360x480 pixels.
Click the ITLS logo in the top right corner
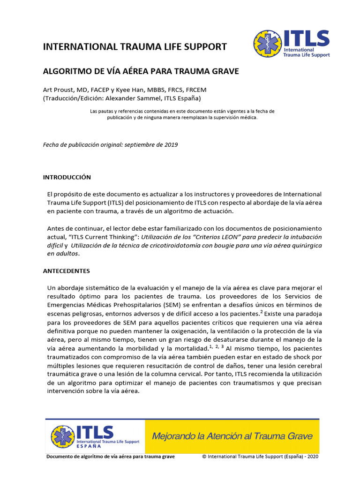[x=292, y=44]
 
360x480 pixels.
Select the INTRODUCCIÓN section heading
[x=67, y=178]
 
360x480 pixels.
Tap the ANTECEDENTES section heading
[x=66, y=271]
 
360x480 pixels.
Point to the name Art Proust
[x=55, y=90]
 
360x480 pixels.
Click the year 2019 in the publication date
[x=170, y=145]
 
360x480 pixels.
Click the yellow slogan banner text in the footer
[x=232, y=436]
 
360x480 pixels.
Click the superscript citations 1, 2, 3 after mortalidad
[x=217, y=347]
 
